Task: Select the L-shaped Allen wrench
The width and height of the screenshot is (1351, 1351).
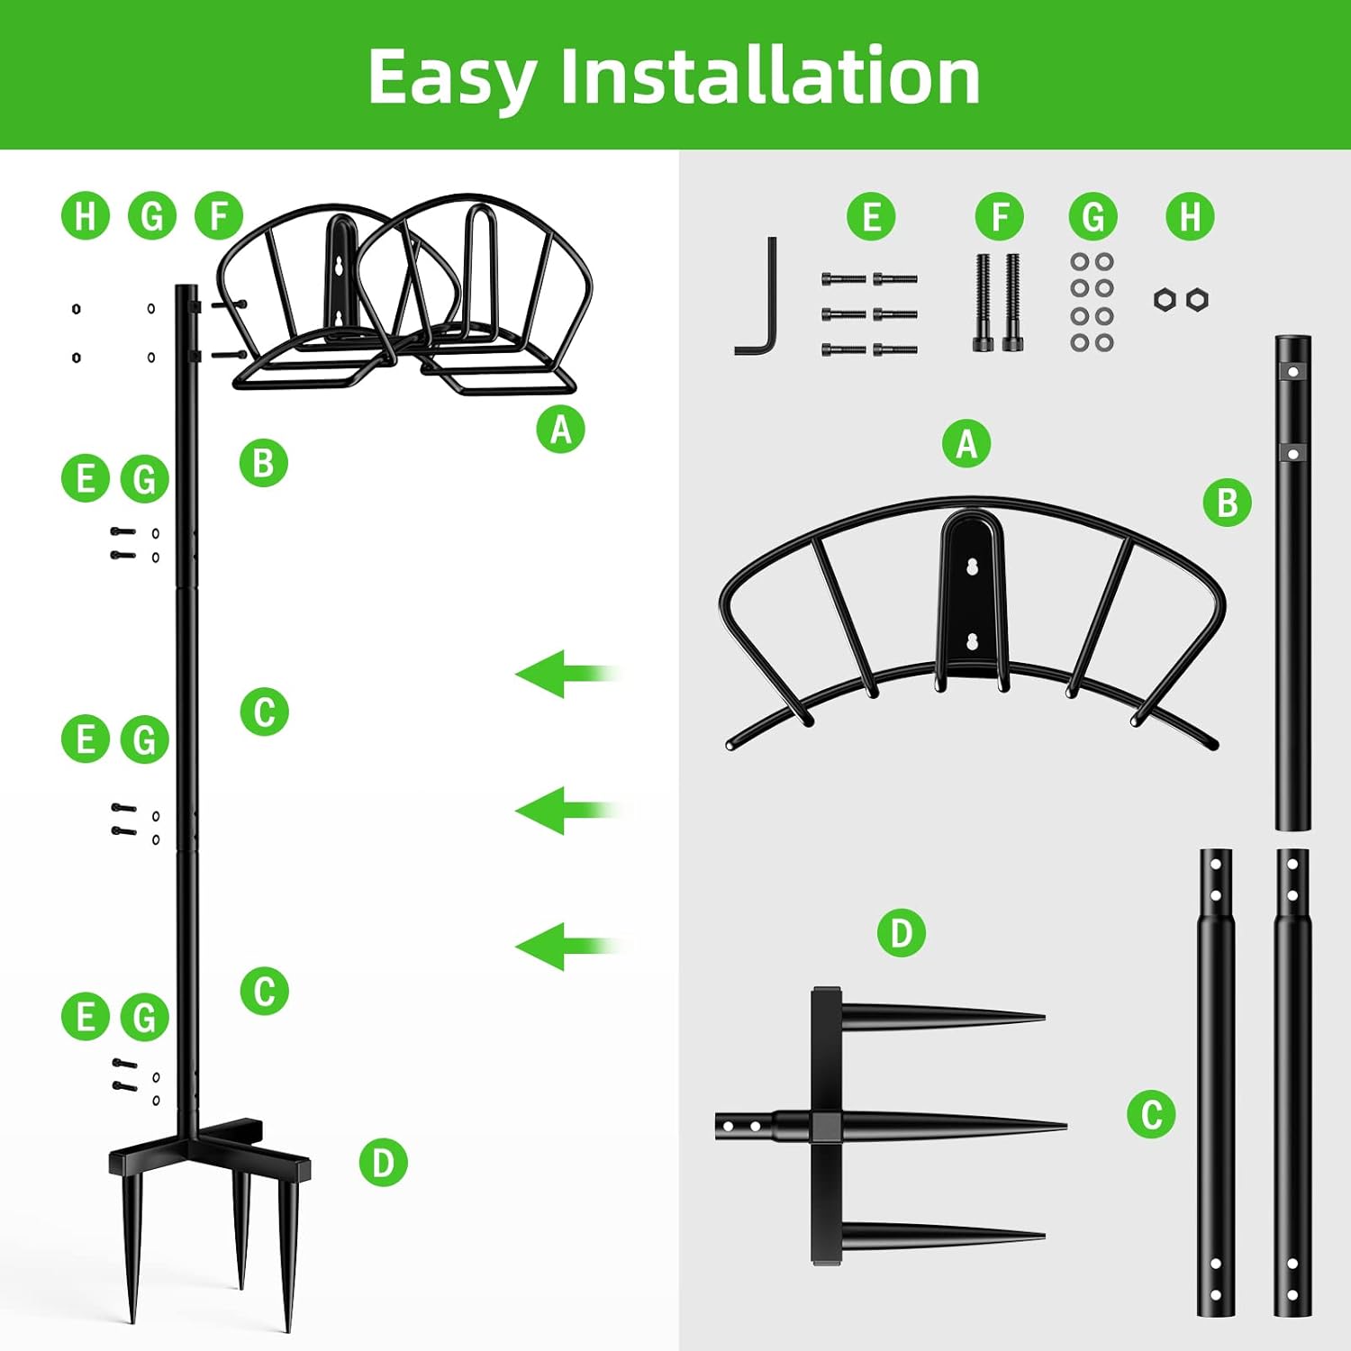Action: click(757, 296)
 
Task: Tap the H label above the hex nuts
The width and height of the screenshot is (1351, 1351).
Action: click(1190, 216)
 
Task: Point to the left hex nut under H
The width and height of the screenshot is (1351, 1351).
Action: click(1165, 300)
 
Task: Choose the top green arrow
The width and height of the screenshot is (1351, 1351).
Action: click(568, 674)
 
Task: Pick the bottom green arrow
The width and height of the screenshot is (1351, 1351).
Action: click(568, 947)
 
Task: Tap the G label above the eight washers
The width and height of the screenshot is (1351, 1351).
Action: click(1093, 216)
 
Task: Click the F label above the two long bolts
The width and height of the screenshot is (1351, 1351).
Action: click(1000, 216)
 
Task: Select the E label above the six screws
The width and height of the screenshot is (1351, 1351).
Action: click(871, 216)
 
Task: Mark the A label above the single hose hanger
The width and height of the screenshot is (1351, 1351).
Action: click(966, 443)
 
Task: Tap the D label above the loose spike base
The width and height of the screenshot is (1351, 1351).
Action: click(902, 932)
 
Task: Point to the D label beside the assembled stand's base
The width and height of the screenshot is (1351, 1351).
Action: click(384, 1162)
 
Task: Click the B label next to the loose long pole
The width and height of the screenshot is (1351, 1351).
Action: click(1228, 503)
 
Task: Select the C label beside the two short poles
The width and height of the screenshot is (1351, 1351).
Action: click(1152, 1113)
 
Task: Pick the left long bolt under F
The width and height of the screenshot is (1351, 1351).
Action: click(983, 303)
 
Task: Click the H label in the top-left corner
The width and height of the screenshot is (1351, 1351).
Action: click(86, 216)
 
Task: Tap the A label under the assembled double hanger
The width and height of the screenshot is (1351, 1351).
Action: click(561, 429)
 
